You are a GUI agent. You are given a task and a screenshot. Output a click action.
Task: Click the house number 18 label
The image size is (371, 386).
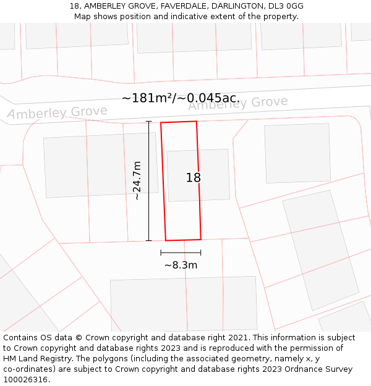pos(194,178)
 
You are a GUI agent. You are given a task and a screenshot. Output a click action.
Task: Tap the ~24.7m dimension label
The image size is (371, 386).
pos(137,180)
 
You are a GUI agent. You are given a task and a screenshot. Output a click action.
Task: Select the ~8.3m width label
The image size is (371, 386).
pos(181,265)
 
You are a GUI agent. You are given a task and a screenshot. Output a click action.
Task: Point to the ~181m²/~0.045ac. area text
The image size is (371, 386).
pos(181,98)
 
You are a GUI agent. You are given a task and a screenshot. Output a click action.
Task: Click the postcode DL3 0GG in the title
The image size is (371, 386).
pos(286,6)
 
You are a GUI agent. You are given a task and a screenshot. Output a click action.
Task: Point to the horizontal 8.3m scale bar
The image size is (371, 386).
pos(181,252)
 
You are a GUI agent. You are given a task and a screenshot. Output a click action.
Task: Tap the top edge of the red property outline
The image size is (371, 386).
pos(179,122)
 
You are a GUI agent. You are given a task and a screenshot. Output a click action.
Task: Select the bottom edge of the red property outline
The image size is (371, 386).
pos(183,240)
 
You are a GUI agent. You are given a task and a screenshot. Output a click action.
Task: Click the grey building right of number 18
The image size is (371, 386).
pos(288,153)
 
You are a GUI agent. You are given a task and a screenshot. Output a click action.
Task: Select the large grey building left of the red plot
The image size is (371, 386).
pos(101,165)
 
